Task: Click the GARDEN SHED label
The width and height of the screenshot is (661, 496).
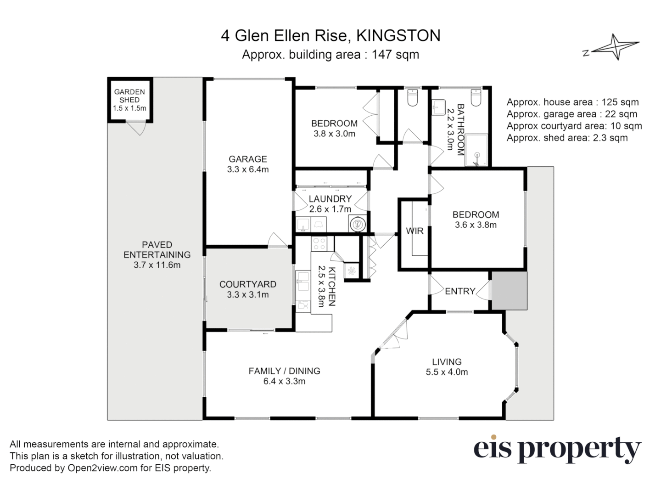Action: [x=129, y=96]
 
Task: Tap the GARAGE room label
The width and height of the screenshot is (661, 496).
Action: [x=248, y=159]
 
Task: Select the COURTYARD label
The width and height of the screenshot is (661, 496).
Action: [x=248, y=284]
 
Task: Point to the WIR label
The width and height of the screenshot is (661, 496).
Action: [x=415, y=231]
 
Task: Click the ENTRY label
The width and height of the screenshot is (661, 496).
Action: [x=459, y=291]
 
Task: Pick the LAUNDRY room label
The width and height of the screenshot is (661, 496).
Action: [x=330, y=199]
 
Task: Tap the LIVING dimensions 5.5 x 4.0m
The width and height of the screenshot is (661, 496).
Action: [x=447, y=372]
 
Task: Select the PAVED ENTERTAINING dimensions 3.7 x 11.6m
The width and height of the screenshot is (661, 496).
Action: [x=157, y=265]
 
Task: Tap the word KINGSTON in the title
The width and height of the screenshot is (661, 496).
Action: [x=398, y=36]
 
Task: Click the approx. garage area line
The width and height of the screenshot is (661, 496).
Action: [x=572, y=114]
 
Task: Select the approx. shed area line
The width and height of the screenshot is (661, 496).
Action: [x=567, y=138]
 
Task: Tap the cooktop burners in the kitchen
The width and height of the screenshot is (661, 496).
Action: [x=319, y=243]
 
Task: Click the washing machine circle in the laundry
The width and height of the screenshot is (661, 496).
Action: [x=357, y=224]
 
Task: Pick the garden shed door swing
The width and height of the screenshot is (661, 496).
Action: [x=136, y=127]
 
